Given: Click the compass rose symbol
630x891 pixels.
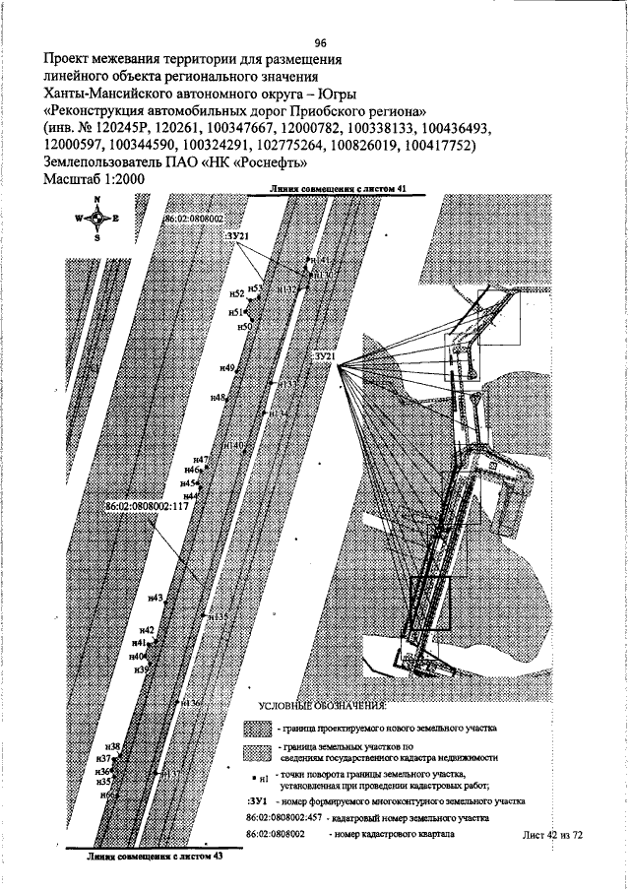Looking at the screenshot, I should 97,219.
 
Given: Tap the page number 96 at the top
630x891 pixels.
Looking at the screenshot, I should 320,42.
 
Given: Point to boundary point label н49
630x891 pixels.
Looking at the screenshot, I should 227,367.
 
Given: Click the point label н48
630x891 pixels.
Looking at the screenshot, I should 219,397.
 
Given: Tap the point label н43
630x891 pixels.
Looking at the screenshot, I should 156,598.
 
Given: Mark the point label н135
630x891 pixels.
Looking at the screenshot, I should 219,618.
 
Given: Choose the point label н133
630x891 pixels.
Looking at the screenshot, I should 287,384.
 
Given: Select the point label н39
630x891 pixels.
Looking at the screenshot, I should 141,668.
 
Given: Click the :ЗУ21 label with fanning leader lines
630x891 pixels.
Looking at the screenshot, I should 325,354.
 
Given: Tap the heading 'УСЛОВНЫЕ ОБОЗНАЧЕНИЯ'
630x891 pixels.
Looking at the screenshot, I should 323,707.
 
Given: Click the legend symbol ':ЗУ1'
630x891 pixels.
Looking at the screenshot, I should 258,802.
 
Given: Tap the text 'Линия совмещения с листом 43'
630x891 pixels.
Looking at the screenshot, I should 148,858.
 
